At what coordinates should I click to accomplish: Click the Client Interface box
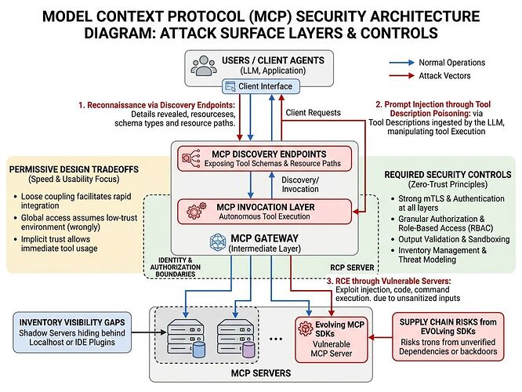pos(259,86)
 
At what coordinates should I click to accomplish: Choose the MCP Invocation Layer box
pos(259,211)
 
